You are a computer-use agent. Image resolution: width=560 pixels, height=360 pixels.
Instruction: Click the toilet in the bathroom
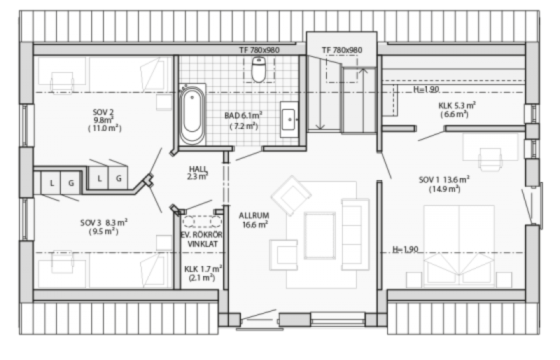258,69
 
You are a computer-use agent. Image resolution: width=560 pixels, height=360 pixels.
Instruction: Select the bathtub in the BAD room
192,114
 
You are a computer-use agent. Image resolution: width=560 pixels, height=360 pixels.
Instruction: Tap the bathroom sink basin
288,119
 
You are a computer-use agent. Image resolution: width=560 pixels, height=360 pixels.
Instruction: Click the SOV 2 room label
104,120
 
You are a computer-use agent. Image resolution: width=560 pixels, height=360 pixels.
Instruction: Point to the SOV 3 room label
104,227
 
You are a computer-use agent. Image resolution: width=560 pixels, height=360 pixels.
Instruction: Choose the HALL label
198,172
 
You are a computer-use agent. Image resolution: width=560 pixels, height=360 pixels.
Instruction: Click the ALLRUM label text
254,220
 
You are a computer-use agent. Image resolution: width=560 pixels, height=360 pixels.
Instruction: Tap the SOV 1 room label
444,184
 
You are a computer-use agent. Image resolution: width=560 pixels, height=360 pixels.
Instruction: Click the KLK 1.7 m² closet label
203,273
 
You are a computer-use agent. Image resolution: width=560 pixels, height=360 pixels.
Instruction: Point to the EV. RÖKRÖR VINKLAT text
203,239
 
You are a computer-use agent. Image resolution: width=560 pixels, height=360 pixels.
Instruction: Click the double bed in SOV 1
459,246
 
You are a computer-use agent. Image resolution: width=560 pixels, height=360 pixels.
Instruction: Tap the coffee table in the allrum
320,235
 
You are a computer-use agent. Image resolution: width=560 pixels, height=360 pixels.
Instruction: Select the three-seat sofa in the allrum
355,235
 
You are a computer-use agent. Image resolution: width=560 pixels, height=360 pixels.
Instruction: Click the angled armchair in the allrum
291,195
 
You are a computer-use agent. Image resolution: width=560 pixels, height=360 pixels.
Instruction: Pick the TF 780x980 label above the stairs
342,50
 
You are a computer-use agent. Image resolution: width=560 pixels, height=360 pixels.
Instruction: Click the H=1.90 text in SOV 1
405,249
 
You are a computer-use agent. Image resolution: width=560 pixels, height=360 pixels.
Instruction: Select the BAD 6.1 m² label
244,120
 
